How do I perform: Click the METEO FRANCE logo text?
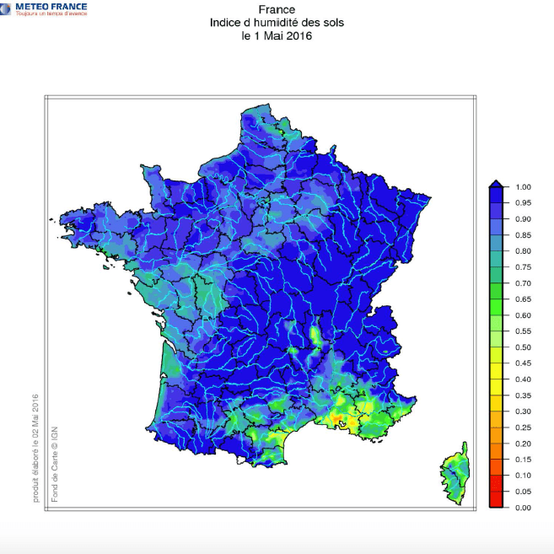pyautogui.click(x=51, y=7)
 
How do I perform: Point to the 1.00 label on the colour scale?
pyautogui.click(x=523, y=187)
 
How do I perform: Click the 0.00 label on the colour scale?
pyautogui.click(x=523, y=508)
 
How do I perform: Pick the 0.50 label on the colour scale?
pyautogui.click(x=523, y=347)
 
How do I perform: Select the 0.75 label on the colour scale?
pyautogui.click(x=523, y=267)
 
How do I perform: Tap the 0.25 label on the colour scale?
pyautogui.click(x=523, y=428)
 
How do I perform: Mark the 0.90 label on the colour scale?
pyautogui.click(x=523, y=219)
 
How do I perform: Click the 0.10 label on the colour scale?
pyautogui.click(x=523, y=476)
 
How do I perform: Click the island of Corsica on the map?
pyautogui.click(x=455, y=474)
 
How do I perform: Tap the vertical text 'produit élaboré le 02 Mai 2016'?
pyautogui.click(x=36, y=447)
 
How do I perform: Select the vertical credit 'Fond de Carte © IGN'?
pyautogui.click(x=55, y=464)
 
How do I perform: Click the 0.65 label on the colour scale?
pyautogui.click(x=523, y=299)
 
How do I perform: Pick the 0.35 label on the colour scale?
pyautogui.click(x=523, y=395)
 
